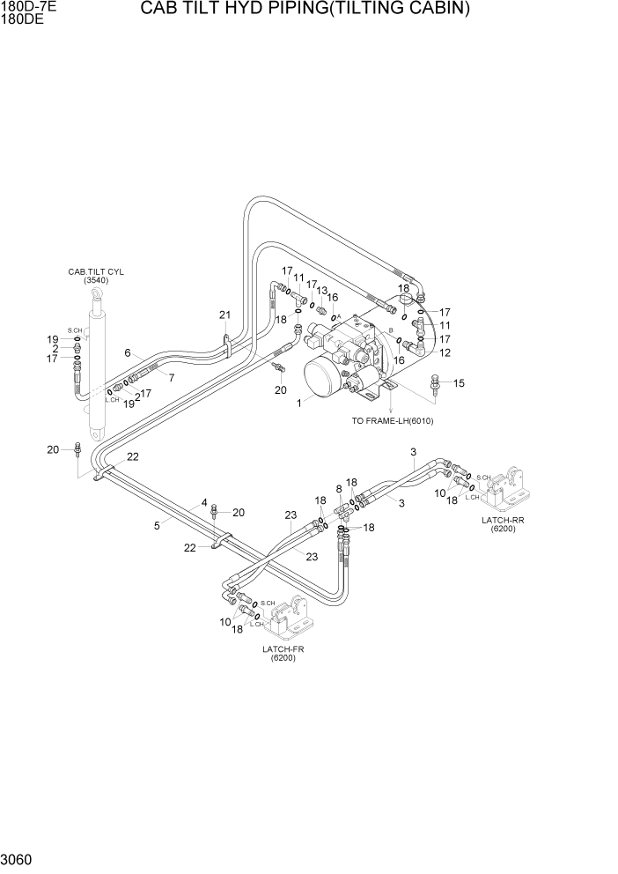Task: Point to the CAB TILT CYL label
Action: pos(96,271)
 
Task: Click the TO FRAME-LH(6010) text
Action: pos(393,421)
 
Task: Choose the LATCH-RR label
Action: pos(503,520)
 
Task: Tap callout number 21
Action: pos(224,315)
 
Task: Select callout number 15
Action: pos(459,382)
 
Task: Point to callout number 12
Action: pos(445,353)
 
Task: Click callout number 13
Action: pos(322,291)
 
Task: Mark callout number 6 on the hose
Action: pos(128,353)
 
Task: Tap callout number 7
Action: pos(172,378)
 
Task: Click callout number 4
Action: pos(204,503)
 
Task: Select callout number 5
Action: pos(157,526)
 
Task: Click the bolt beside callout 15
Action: pos(434,383)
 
